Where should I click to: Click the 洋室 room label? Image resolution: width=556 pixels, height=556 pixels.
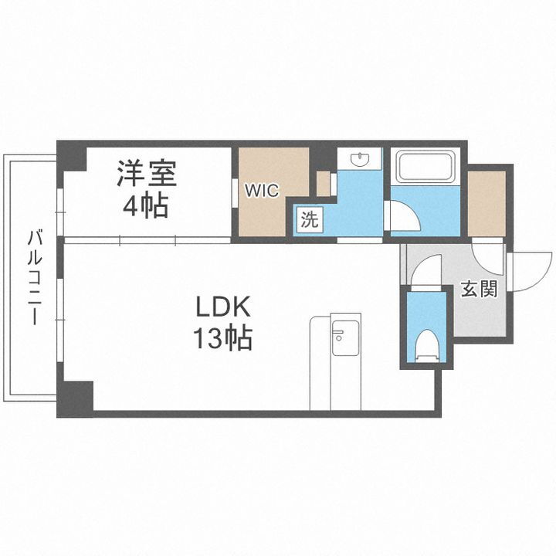(x=147, y=173)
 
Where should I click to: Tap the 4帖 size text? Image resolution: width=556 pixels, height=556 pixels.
(x=147, y=205)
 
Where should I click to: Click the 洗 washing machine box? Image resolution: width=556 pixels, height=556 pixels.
(x=309, y=219)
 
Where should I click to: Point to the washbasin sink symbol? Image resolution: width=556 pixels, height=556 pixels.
(x=361, y=160)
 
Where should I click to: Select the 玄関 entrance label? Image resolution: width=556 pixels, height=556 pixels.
(x=480, y=290)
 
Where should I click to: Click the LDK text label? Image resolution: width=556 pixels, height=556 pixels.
(x=223, y=307)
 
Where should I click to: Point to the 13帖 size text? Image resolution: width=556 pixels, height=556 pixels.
(x=223, y=339)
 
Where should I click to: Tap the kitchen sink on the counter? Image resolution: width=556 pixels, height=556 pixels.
(x=340, y=334)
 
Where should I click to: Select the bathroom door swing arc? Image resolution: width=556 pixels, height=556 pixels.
(x=403, y=215)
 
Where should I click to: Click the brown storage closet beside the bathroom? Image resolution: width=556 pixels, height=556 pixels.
(x=487, y=202)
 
